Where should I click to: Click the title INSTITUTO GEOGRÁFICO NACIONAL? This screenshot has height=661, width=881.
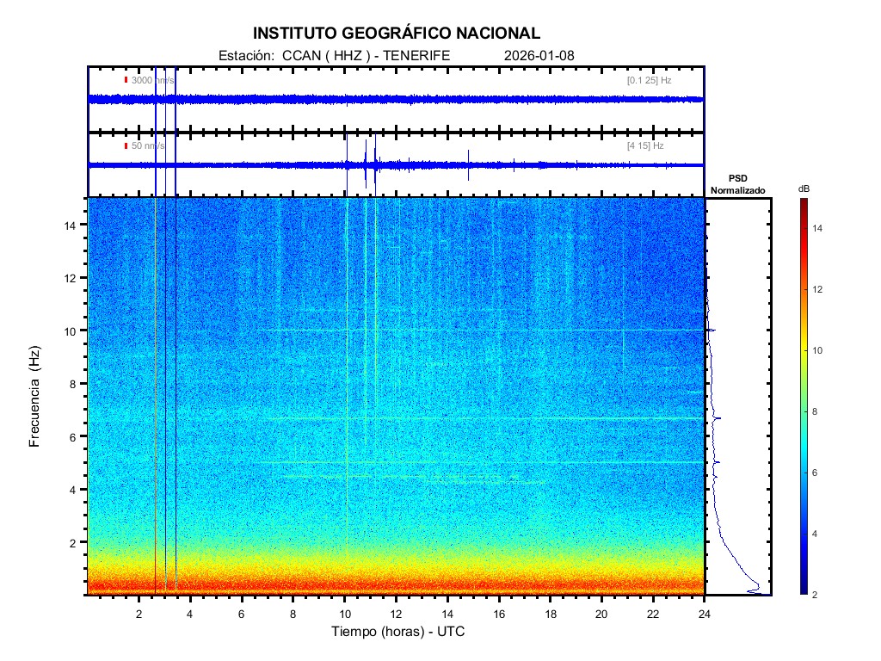(x=397, y=34)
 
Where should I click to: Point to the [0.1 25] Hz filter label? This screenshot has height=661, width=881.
(x=649, y=80)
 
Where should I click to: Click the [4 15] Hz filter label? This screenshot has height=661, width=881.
(x=645, y=146)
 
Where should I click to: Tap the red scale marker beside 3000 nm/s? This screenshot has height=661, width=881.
(x=126, y=80)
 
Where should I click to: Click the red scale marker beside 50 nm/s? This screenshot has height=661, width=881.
(x=126, y=145)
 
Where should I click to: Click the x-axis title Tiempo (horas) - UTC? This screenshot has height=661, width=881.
(x=398, y=632)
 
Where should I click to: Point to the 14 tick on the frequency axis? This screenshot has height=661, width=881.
(x=74, y=225)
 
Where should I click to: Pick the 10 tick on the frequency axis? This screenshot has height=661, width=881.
(x=74, y=330)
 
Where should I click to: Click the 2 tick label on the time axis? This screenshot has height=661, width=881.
(x=139, y=614)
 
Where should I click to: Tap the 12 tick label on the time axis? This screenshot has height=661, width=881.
(x=396, y=614)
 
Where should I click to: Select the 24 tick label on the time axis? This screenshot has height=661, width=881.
(x=705, y=614)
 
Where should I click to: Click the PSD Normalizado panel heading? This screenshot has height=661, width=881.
(x=737, y=184)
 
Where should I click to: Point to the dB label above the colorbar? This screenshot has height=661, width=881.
(x=804, y=188)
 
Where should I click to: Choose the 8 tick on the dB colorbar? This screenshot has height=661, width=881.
(x=819, y=412)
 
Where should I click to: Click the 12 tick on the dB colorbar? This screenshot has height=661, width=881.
(x=820, y=289)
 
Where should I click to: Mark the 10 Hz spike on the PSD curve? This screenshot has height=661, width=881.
(x=714, y=330)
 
